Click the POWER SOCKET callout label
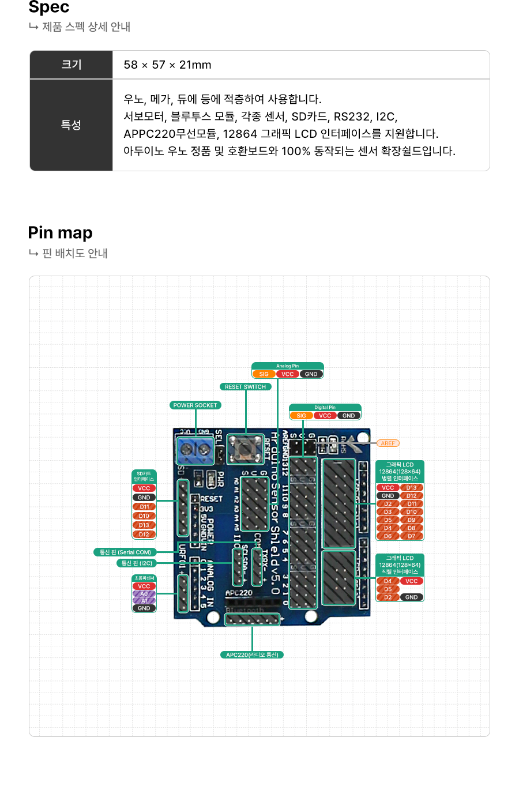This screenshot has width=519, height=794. tap(195, 405)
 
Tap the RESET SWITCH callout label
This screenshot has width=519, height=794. tap(245, 387)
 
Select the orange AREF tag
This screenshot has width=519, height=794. tap(388, 443)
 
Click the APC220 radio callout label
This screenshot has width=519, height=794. tap(252, 655)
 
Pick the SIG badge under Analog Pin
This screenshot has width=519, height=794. tap(264, 374)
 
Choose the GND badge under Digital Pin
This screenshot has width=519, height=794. tap(349, 416)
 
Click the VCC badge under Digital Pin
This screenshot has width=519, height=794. tap(325, 416)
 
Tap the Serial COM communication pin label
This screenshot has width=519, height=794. tap(125, 552)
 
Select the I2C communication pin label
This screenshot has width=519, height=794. tap(137, 563)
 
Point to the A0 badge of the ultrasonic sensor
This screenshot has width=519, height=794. tap(144, 594)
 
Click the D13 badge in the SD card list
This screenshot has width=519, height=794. tap(144, 525)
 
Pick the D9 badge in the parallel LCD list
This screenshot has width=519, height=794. tap(412, 520)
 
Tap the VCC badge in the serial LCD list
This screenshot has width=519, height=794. tap(412, 581)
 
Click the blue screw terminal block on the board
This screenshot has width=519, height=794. tap(195, 449)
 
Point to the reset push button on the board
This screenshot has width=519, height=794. tap(246, 449)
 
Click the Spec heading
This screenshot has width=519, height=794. tap(49, 7)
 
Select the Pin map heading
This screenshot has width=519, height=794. tap(61, 232)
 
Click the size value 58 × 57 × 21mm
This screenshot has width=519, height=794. tap(167, 65)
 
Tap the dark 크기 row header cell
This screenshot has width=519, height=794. tap(72, 65)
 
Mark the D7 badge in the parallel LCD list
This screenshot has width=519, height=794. tap(412, 536)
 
